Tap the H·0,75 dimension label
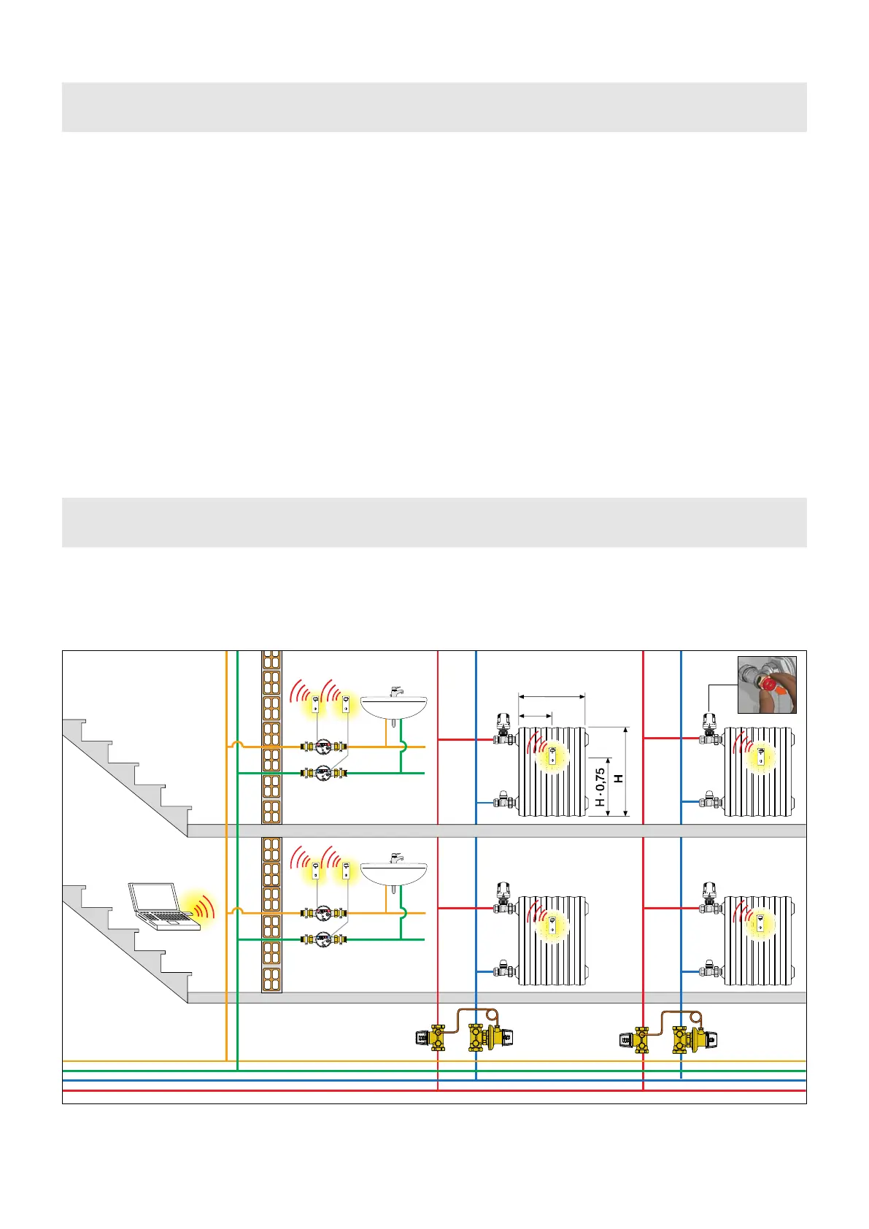pyautogui.click(x=600, y=787)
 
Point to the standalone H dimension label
pyautogui.click(x=619, y=779)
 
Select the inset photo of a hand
pyautogui.click(x=767, y=685)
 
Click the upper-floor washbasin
pyautogui.click(x=394, y=706)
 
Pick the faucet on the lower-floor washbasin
pyautogui.click(x=395, y=857)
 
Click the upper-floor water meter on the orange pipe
pyautogui.click(x=324, y=747)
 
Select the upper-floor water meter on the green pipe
pyautogui.click(x=324, y=772)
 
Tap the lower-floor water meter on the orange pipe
pyautogui.click(x=324, y=913)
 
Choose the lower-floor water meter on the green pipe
pyautogui.click(x=324, y=939)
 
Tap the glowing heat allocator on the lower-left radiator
pyautogui.click(x=552, y=925)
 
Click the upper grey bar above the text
pyautogui.click(x=434, y=107)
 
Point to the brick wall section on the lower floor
pyautogui.click(x=271, y=914)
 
